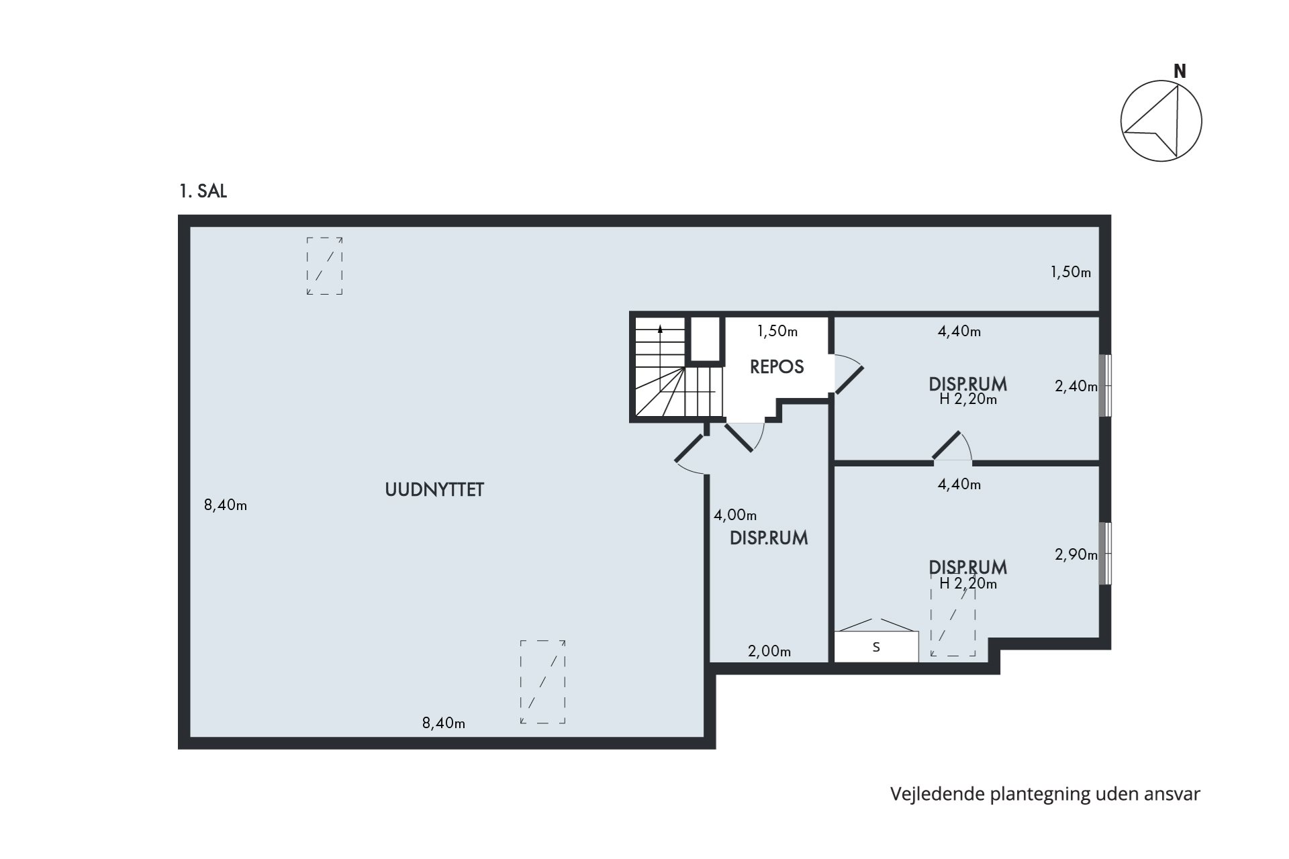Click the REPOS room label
[x=777, y=367]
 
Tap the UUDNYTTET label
[x=434, y=490]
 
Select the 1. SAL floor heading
[x=203, y=191]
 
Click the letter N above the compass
[x=1180, y=71]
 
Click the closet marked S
[x=876, y=647]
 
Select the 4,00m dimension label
[x=735, y=515]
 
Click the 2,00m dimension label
[x=769, y=651]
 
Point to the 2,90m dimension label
[x=1076, y=554]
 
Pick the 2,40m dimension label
[x=1076, y=387]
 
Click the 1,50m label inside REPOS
[x=777, y=331]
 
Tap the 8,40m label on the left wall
[x=226, y=505]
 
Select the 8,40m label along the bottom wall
[x=444, y=723]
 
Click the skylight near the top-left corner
[x=325, y=266]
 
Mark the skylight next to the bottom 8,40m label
[x=543, y=682]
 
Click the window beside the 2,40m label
[x=1105, y=385]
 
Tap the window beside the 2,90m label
[x=1105, y=553]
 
